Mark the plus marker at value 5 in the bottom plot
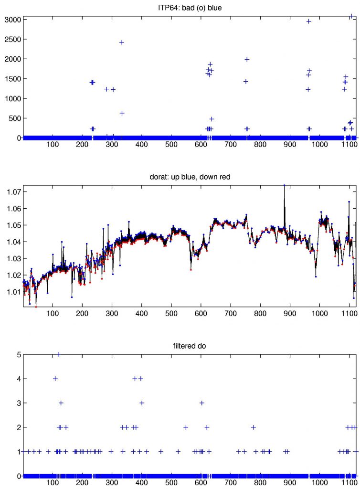[59, 354]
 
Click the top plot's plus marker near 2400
[122, 43]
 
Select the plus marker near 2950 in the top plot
[308, 21]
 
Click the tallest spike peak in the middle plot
[284, 185]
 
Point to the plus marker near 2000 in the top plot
[247, 59]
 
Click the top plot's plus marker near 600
[122, 113]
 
